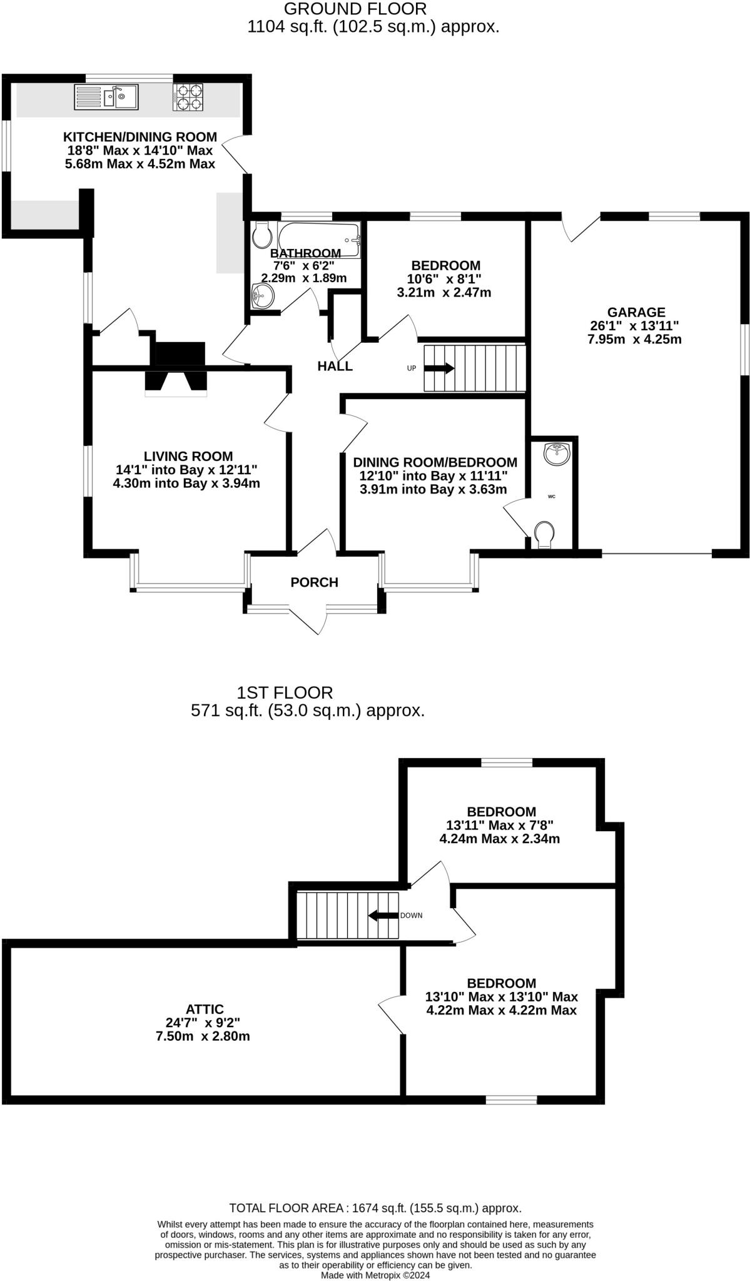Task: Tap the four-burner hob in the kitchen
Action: tap(188, 98)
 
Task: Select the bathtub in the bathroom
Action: tap(319, 239)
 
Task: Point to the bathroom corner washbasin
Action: tap(262, 296)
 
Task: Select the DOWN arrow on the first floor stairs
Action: tap(383, 916)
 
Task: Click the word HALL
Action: tap(335, 367)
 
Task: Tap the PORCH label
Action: tap(314, 582)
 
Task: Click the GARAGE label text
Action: tap(636, 312)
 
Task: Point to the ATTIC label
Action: tap(205, 1010)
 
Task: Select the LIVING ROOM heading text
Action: tap(188, 457)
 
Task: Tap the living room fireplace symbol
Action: tap(176, 382)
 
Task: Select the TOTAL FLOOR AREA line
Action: tap(375, 1208)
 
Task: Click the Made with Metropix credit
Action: tap(375, 1275)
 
